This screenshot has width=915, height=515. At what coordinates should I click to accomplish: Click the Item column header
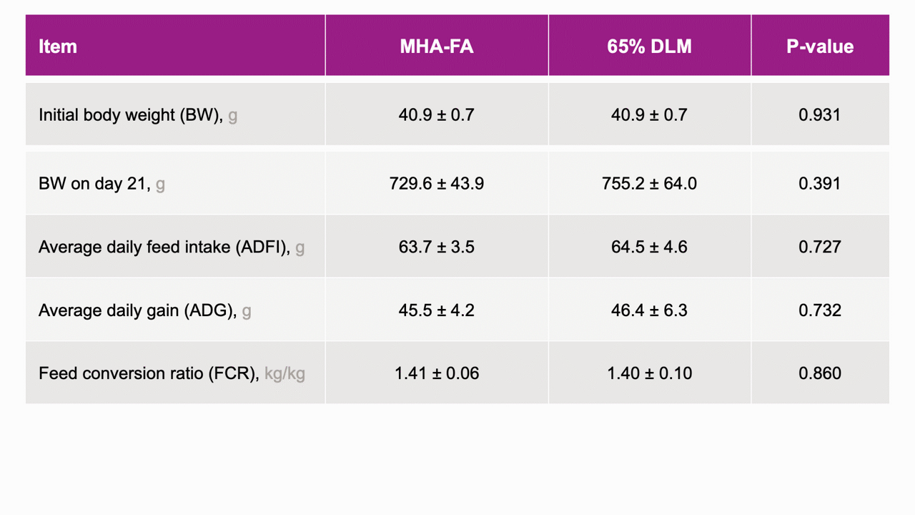[58, 46]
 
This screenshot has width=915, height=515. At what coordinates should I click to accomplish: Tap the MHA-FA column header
[437, 46]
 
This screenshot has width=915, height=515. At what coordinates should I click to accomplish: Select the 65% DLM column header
[650, 46]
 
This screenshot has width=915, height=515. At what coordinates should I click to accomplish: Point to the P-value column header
[820, 46]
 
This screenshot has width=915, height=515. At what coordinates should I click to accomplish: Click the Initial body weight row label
[138, 115]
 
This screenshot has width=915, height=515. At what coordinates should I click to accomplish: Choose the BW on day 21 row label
[102, 184]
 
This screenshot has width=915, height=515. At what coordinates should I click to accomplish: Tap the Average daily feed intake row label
[172, 247]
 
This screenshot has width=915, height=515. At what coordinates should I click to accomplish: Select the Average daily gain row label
[144, 310]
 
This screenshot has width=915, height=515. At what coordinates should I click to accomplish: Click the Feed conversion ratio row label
[172, 373]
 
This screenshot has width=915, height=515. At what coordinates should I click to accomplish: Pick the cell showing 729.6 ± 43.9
[437, 184]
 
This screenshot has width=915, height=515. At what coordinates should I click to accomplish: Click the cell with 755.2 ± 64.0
[650, 184]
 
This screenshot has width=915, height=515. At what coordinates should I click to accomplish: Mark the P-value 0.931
[820, 115]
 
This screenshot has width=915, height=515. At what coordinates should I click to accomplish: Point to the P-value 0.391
[820, 184]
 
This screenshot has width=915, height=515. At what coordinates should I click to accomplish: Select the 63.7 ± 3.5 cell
[437, 247]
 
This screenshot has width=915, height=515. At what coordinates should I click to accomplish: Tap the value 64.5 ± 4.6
[650, 247]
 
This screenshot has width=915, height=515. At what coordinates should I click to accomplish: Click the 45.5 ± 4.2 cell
[437, 310]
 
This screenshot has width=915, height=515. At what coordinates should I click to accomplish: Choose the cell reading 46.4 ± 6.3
[650, 310]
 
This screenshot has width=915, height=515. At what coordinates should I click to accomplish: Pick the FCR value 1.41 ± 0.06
[437, 373]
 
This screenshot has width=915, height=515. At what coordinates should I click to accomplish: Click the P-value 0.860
[820, 373]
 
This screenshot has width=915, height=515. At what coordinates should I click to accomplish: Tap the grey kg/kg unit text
[285, 374]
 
